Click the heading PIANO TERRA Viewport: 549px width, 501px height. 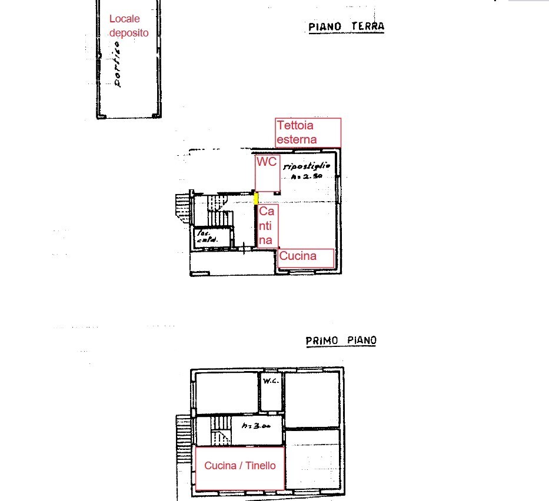[x=346, y=27]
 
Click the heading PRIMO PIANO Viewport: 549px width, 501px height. [x=341, y=340]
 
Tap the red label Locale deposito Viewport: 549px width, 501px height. [x=129, y=26]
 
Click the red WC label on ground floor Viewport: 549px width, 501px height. [x=266, y=162]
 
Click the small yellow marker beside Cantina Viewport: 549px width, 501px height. [x=256, y=198]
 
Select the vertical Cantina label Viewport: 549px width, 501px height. [x=267, y=225]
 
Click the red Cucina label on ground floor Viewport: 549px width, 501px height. [x=298, y=256]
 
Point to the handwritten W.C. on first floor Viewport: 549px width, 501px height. [x=271, y=380]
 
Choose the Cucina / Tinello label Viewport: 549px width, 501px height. [x=239, y=466]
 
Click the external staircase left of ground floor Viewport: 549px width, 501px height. [x=182, y=209]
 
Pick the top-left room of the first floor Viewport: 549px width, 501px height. [x=227, y=392]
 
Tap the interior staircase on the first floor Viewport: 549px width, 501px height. [x=221, y=429]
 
